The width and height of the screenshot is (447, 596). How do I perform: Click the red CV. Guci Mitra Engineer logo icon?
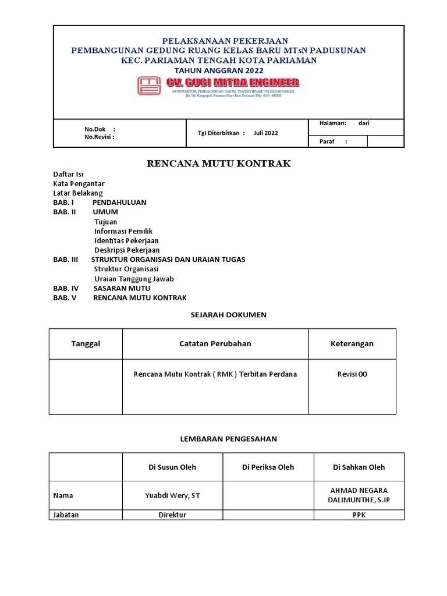pos(149,86)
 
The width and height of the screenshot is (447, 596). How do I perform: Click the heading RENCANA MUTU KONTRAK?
pos(218,164)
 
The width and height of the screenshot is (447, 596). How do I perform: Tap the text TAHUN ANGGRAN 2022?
pos(218,70)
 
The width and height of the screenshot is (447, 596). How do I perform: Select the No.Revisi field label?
pos(100,137)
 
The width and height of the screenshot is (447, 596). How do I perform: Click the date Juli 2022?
pos(265,133)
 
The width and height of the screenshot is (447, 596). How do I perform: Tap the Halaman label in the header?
pos(333,123)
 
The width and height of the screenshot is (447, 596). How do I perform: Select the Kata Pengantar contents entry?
pos(79,183)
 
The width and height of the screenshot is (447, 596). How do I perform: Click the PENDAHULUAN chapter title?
pos(119,203)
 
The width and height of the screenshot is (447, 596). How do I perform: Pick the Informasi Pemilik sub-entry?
pos(123,231)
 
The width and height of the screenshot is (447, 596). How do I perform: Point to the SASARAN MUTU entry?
pos(122,288)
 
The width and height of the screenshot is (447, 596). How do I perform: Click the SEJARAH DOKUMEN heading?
pos(228,315)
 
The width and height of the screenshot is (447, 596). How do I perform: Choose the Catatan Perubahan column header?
pos(215,344)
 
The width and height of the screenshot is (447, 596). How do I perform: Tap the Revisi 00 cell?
pos(352,374)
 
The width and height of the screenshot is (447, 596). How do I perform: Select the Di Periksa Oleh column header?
pos(268,467)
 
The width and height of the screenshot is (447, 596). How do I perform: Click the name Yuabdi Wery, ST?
pos(172,495)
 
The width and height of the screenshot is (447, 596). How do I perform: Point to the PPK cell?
pos(359,515)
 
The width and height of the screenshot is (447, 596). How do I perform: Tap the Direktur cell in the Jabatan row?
pos(172,515)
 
